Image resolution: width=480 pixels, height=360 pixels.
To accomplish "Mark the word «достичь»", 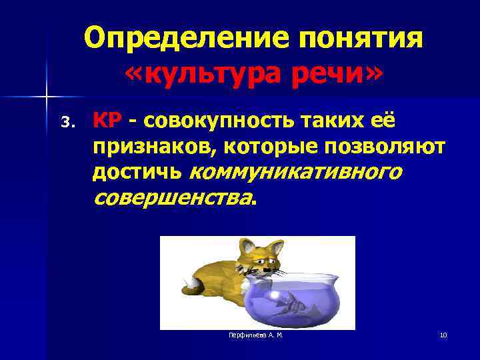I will (137, 173).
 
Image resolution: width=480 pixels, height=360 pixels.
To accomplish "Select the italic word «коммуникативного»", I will (295, 173).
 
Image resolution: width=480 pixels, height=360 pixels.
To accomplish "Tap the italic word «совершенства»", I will (173, 198).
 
